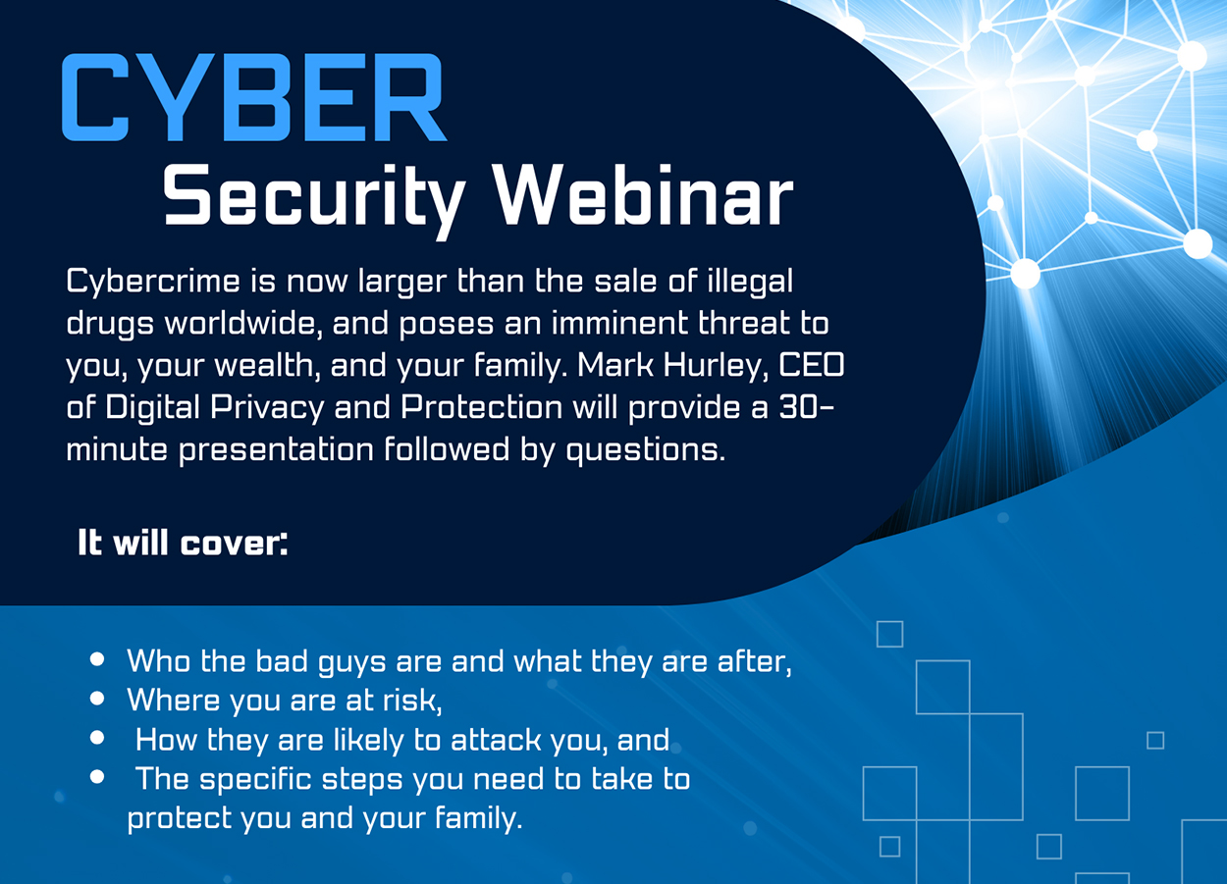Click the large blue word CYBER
click(x=254, y=97)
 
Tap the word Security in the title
click(x=314, y=199)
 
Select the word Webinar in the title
click(x=643, y=195)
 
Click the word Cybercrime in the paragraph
click(x=153, y=283)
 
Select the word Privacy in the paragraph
click(x=267, y=409)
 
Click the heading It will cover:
click(x=183, y=543)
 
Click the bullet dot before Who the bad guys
click(x=97, y=659)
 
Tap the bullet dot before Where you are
click(x=97, y=698)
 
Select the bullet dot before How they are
click(x=97, y=738)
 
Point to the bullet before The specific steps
click(x=97, y=777)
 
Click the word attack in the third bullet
click(x=496, y=740)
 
